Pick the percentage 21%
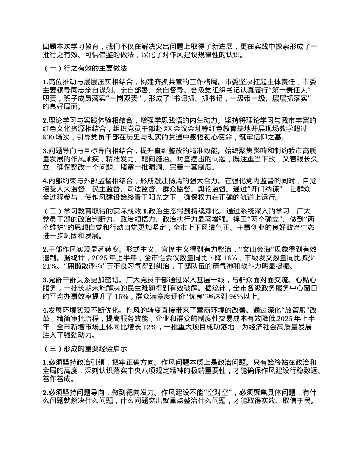pos(49,266)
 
